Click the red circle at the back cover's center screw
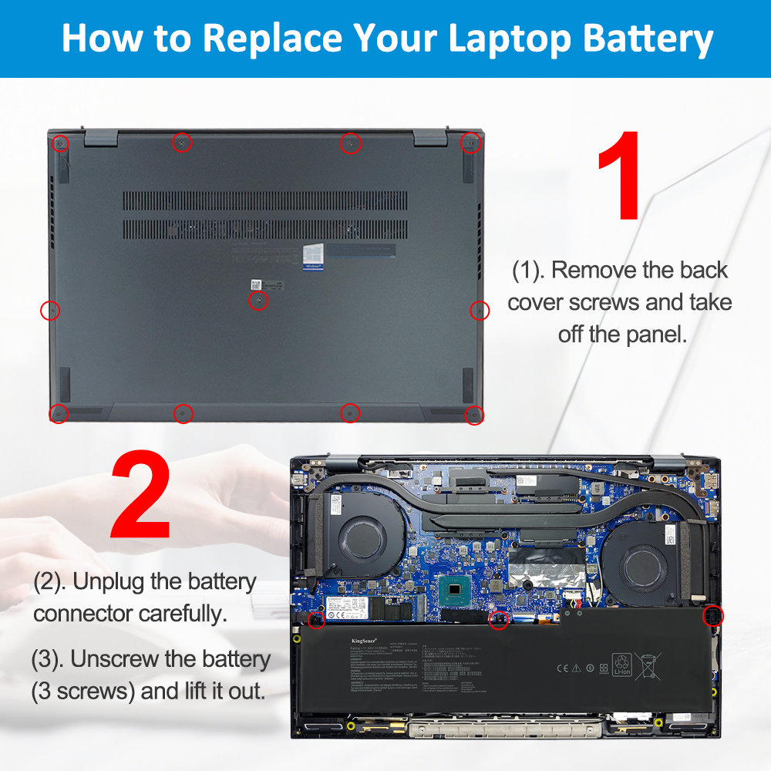pos(258,301)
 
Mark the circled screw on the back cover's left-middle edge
pos(49,310)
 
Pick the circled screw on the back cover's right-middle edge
pos(480,310)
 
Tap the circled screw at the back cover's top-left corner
pos(60,143)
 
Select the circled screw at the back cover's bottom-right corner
pos(473,415)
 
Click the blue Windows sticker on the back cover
pos(312,256)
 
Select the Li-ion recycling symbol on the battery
pos(621,665)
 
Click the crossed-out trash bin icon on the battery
pos(649,665)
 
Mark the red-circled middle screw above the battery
pos(499,619)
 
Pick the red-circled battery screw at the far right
pos(712,617)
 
